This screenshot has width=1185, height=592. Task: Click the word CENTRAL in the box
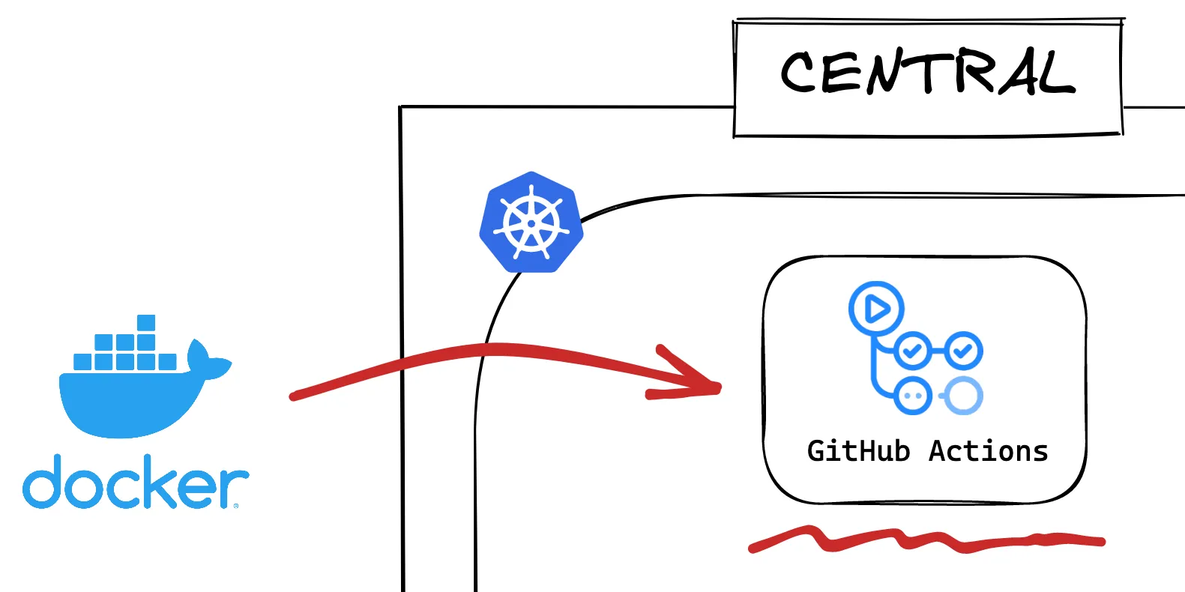click(928, 73)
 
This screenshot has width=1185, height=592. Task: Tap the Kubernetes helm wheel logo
click(531, 223)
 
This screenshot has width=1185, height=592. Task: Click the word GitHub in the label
click(858, 451)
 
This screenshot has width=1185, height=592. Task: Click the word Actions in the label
click(989, 451)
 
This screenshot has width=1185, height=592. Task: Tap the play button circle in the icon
click(876, 308)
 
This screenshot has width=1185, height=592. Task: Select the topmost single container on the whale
click(146, 323)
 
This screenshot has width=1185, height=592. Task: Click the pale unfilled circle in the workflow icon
click(963, 395)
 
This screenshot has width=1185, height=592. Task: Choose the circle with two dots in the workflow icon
click(913, 395)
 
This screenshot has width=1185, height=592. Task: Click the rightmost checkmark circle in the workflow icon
click(963, 350)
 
